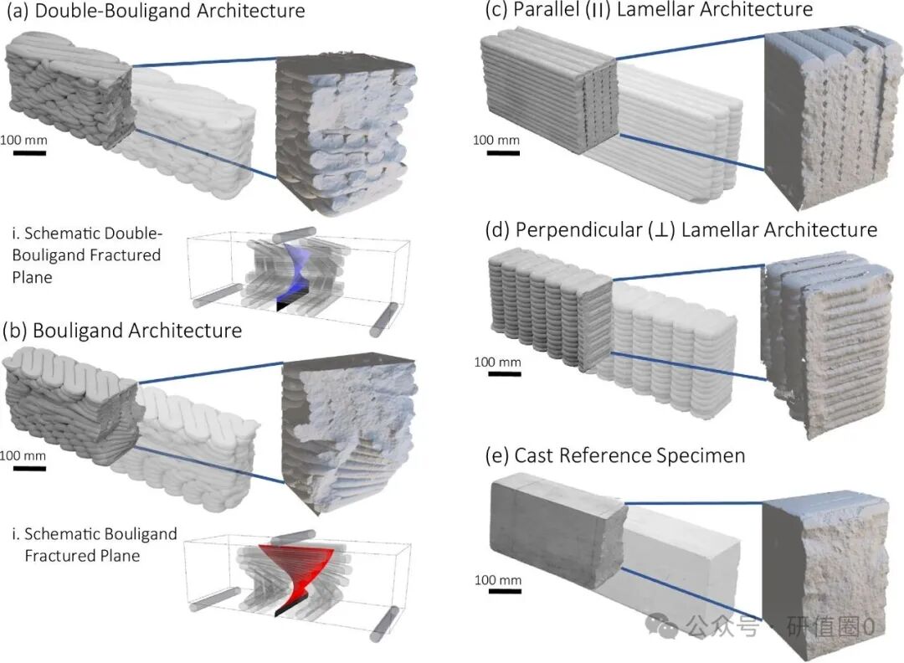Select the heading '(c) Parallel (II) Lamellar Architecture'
pos(649,11)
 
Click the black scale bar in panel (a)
pos(28,152)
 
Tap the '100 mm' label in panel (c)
pos(496,140)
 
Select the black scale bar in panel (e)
pos(506,592)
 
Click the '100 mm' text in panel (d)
pos(497,362)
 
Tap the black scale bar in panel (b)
pos(28,468)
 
